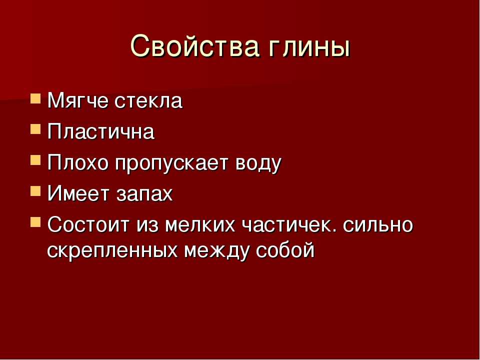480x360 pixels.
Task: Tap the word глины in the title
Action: (310, 48)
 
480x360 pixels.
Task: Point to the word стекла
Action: (148, 100)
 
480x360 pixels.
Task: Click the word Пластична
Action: (101, 131)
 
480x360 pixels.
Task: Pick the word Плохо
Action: (78, 163)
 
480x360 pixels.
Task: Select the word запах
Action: (144, 195)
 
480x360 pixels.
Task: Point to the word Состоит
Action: (88, 224)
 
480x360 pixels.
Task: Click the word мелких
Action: (200, 224)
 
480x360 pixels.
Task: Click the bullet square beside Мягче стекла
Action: (35, 99)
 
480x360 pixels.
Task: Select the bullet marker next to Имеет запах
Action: (35, 191)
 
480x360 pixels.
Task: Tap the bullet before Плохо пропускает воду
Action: (35, 160)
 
